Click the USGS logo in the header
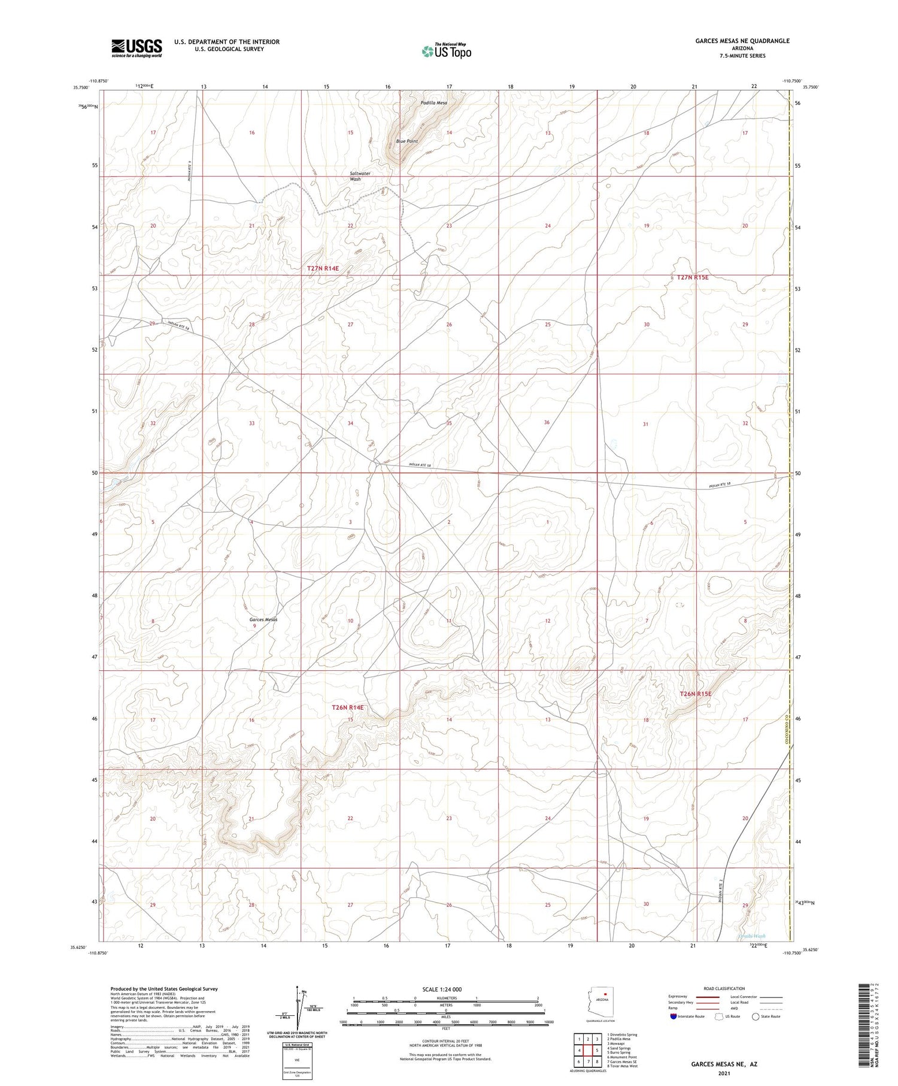(x=136, y=48)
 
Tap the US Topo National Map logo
(x=446, y=51)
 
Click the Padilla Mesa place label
(x=433, y=103)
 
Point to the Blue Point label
(x=406, y=141)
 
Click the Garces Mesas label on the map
(x=263, y=619)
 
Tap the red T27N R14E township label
(x=323, y=268)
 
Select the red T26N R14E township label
(x=347, y=708)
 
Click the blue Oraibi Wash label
(x=752, y=936)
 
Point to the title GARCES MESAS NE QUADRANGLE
(x=742, y=41)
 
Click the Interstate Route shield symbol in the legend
(x=675, y=1017)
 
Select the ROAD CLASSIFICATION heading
(x=724, y=988)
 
